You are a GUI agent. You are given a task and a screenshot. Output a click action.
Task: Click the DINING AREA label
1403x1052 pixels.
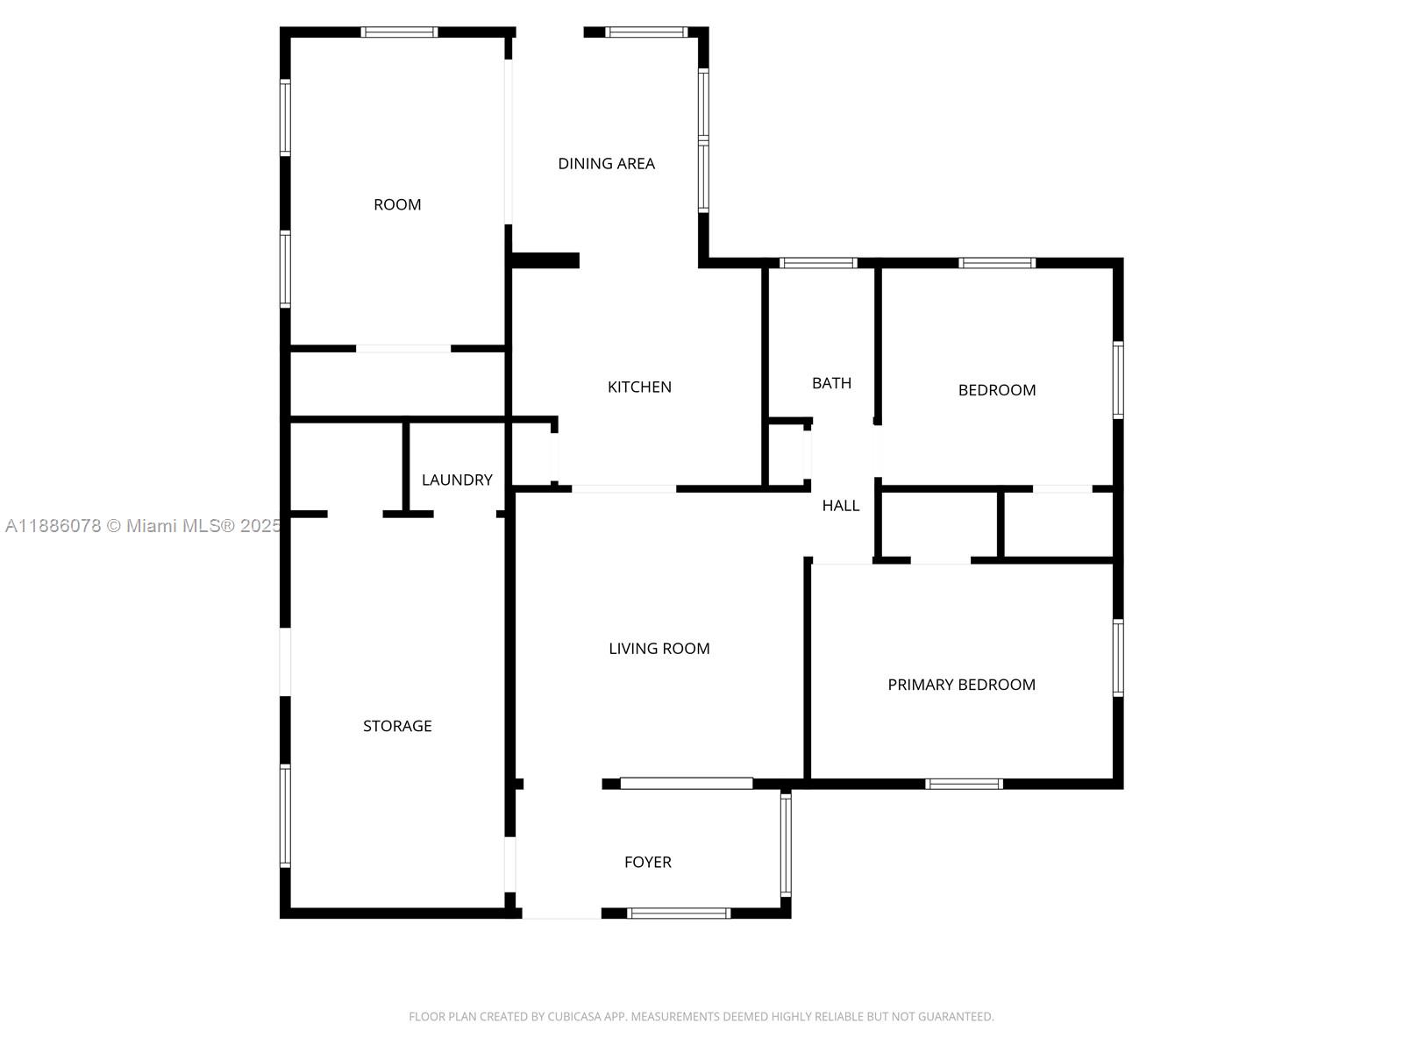point(606,164)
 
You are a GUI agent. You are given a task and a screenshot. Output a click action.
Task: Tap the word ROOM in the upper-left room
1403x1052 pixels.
point(397,204)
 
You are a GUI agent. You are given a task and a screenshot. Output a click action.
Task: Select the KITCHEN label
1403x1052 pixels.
point(639,387)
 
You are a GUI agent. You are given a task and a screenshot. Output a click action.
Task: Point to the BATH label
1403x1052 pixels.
point(831,382)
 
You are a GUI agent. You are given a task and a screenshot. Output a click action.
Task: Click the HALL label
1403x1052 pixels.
point(841,505)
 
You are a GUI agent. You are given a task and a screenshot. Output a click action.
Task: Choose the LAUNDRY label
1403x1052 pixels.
point(457,480)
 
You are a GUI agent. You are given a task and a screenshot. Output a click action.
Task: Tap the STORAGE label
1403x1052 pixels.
point(397,726)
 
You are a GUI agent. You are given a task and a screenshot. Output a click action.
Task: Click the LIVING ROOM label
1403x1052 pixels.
point(659,649)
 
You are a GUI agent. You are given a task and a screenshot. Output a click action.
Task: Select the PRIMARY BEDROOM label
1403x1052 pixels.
point(961,684)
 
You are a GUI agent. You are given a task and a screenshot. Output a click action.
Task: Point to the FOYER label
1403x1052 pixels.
point(647,862)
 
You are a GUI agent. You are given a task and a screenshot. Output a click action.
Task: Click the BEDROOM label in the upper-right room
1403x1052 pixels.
point(996,389)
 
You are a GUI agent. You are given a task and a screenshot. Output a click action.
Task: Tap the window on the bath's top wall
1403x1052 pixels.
point(817,262)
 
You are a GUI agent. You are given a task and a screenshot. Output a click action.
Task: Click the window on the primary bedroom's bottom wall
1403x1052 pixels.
point(964,784)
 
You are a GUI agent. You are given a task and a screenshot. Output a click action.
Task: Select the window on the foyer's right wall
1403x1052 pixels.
point(786,843)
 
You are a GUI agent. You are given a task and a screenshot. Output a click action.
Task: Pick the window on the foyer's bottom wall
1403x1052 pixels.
point(678,913)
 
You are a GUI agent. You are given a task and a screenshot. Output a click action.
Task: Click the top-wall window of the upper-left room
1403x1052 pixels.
point(400,32)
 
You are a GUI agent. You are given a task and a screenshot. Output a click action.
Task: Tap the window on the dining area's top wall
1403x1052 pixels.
point(647,32)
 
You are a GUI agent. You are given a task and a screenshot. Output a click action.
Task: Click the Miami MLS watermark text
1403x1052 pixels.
point(143,526)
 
